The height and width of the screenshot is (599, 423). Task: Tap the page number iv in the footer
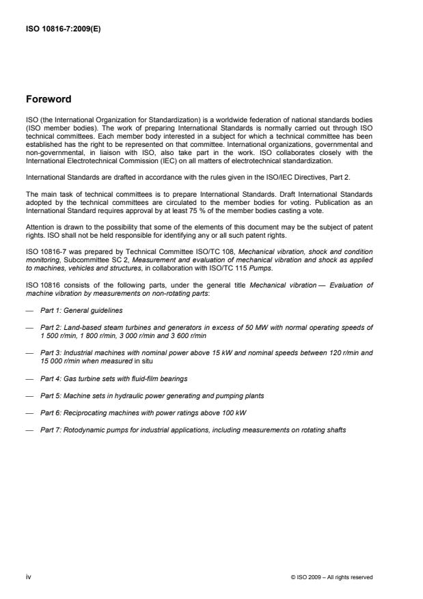[x=28, y=577]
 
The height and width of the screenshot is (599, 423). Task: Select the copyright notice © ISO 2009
[x=331, y=577]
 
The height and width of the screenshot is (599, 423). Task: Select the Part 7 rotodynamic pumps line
[x=193, y=431]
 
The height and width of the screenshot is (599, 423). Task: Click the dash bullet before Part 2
[x=29, y=328]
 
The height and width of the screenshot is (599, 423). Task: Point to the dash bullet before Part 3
[x=29, y=353]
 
